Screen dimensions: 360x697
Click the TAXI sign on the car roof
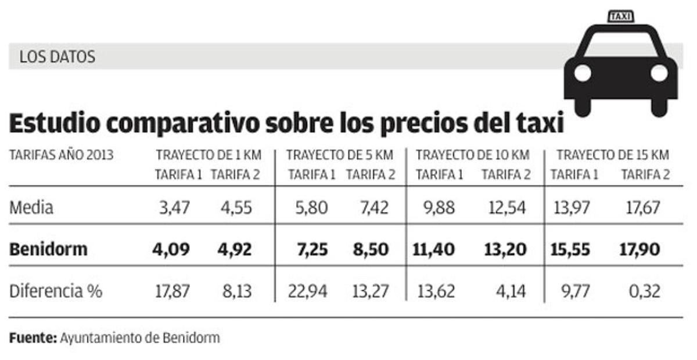click(x=620, y=16)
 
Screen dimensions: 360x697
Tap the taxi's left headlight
click(x=583, y=73)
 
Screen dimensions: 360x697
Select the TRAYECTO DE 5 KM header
click(x=339, y=155)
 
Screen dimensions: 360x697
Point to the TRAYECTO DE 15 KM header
click(x=613, y=155)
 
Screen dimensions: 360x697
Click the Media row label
click(x=31, y=207)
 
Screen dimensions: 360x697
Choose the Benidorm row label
click(x=48, y=250)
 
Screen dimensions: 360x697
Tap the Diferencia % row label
click(x=56, y=291)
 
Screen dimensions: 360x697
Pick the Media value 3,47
click(x=174, y=207)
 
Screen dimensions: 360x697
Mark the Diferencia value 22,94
click(x=308, y=291)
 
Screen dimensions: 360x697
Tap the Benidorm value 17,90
click(x=639, y=250)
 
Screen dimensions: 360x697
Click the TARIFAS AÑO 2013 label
click(x=61, y=155)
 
